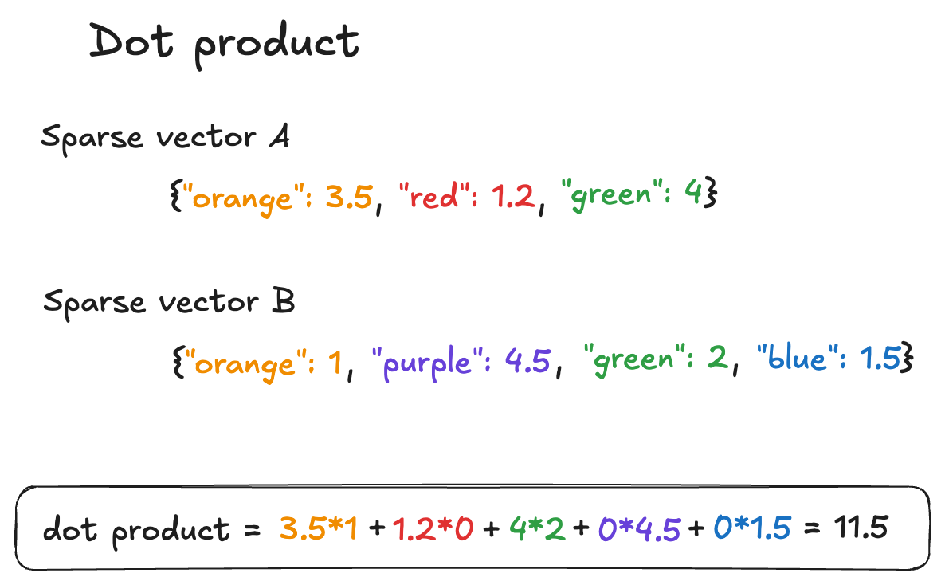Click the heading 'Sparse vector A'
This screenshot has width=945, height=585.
[165, 138]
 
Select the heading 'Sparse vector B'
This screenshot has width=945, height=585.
[169, 303]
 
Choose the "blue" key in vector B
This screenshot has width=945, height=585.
[798, 360]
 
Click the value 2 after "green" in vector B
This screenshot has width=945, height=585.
[716, 361]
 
